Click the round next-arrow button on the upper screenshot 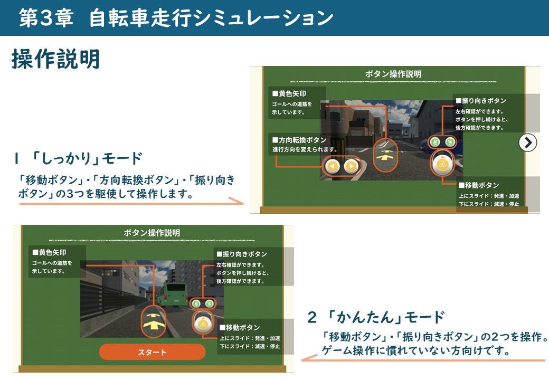(x=527, y=142)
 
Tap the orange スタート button (x=152, y=352)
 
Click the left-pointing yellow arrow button (x=332, y=167)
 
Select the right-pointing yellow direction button (x=351, y=167)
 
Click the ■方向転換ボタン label (x=299, y=140)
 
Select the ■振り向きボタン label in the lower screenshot (x=241, y=254)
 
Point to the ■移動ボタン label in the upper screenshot (x=479, y=185)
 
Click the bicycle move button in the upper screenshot (x=442, y=164)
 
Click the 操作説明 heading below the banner (x=55, y=60)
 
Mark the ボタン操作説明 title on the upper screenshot (x=393, y=74)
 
